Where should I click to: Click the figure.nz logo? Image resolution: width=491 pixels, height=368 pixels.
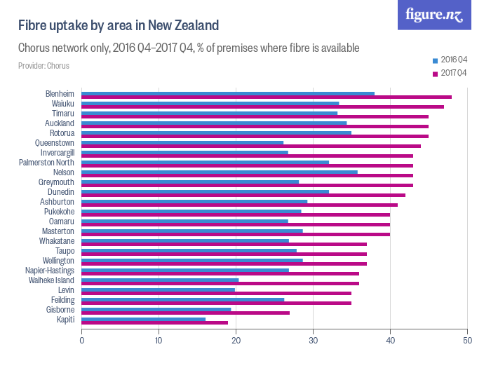click(434, 15)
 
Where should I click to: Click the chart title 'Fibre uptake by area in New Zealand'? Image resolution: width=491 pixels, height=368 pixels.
click(119, 25)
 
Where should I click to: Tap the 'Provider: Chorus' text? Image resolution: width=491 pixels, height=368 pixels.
click(43, 66)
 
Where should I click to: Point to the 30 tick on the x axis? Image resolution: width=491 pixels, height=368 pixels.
click(313, 341)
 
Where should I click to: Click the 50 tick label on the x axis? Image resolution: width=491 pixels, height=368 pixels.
click(466, 341)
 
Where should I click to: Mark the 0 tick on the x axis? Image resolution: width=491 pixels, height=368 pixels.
click(82, 341)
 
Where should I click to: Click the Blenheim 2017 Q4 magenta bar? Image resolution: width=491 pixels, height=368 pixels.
click(267, 97)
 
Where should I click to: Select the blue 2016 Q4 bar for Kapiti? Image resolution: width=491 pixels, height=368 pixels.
click(144, 319)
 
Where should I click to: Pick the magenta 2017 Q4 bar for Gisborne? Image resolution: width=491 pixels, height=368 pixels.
click(186, 313)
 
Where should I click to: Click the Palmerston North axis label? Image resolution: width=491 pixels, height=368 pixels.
click(46, 163)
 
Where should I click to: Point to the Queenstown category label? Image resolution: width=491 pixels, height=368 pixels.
click(55, 143)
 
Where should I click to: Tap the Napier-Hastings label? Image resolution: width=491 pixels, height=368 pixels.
click(50, 271)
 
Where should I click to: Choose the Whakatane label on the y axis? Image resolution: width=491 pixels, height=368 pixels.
click(55, 241)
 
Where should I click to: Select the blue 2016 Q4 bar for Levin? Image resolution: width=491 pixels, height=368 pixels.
click(159, 289)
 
